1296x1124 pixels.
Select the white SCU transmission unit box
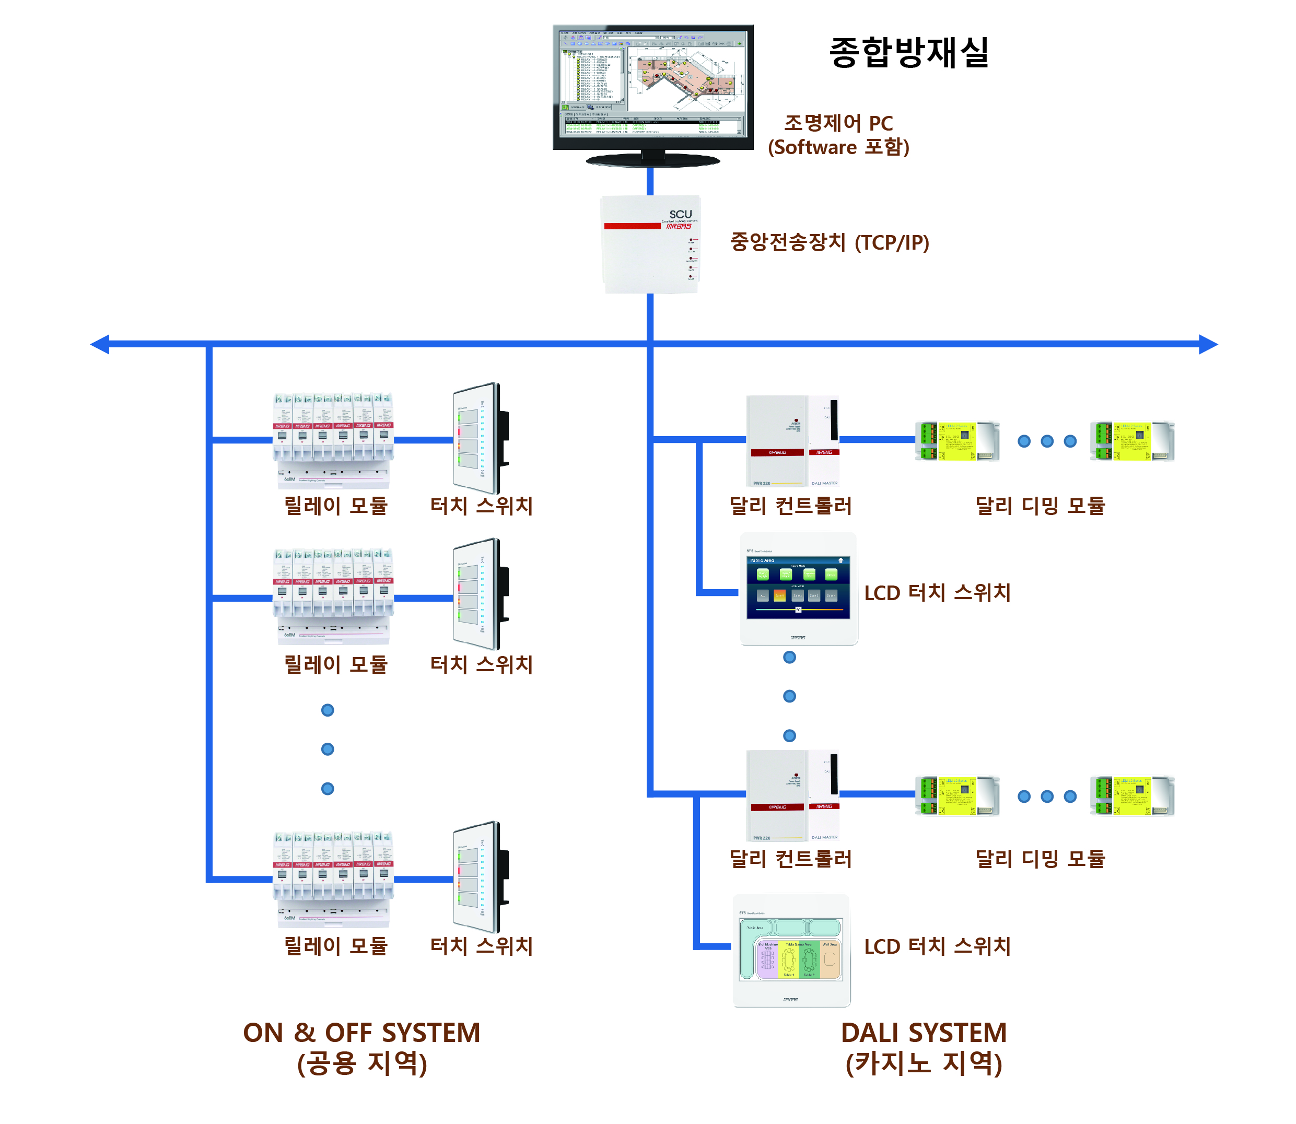click(x=650, y=244)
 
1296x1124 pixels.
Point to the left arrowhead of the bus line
click(x=100, y=344)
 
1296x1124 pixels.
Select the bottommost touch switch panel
click(x=480, y=877)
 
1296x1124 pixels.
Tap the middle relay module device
click(x=333, y=596)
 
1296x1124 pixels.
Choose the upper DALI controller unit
click(x=792, y=441)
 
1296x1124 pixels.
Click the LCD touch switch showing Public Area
click(x=798, y=588)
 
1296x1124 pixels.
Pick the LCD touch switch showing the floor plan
click(x=791, y=950)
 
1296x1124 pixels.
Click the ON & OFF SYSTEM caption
click(x=361, y=1033)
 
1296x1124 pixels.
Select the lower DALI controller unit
click(x=792, y=796)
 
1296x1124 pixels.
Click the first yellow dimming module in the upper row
click(x=956, y=441)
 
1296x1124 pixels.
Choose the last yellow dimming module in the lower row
click(x=1131, y=795)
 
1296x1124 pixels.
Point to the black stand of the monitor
click(x=652, y=160)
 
